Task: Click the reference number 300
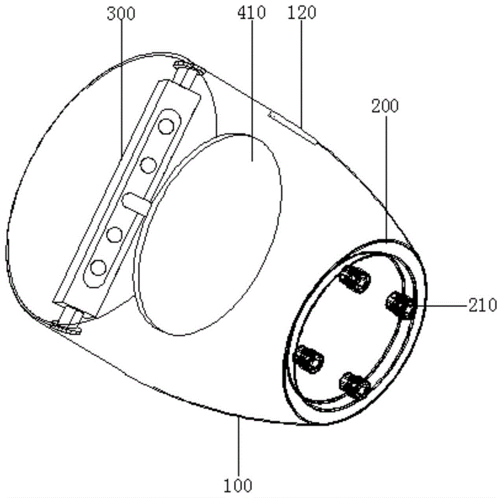click(120, 14)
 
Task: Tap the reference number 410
click(252, 13)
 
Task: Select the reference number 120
click(302, 13)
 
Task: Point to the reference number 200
click(385, 106)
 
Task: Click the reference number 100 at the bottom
click(238, 486)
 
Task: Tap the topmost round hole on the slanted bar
click(166, 126)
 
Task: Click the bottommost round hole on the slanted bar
click(98, 268)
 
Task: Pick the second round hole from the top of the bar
click(148, 165)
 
